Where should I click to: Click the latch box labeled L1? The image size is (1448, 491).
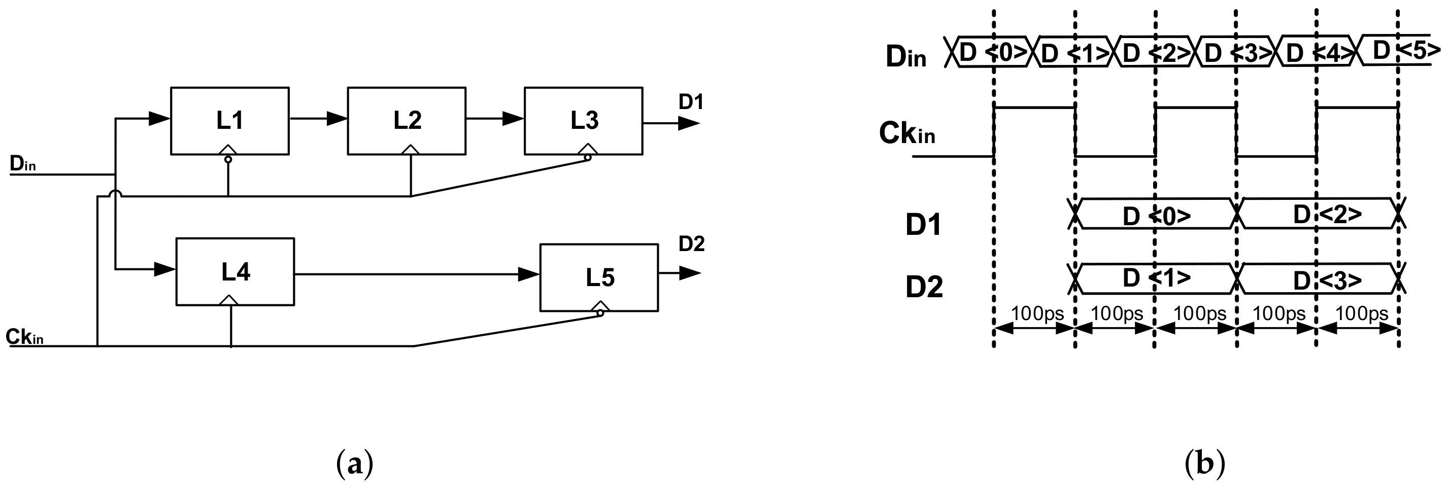pyautogui.click(x=230, y=121)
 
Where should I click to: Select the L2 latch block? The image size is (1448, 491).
pyautogui.click(x=407, y=121)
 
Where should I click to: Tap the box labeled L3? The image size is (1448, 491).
pyautogui.click(x=584, y=121)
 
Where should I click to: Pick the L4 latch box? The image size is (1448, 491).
pyautogui.click(x=235, y=272)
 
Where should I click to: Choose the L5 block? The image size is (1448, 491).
pyautogui.click(x=599, y=277)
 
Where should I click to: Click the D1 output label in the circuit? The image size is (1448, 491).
pyautogui.click(x=691, y=102)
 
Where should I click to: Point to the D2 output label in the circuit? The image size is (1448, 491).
pyautogui.click(x=691, y=244)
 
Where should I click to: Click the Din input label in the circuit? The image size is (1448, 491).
pyautogui.click(x=23, y=164)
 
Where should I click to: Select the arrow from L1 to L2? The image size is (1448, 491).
pyautogui.click(x=318, y=119)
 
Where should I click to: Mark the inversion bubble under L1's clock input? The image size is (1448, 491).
pyautogui.click(x=228, y=160)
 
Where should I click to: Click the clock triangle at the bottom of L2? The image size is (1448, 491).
pyautogui.click(x=411, y=150)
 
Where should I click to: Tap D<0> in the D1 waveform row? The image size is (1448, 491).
pyautogui.click(x=1156, y=216)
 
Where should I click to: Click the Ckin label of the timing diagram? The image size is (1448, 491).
pyautogui.click(x=906, y=134)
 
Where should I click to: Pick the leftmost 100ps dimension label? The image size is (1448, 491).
pyautogui.click(x=1037, y=313)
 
